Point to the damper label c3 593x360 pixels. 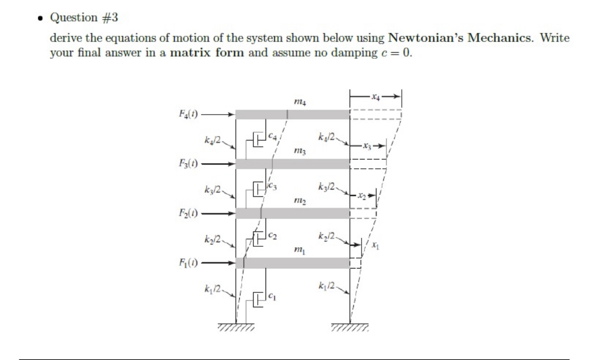pos(274,186)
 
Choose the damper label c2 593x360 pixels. pos(273,237)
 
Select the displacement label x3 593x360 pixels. pos(368,146)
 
